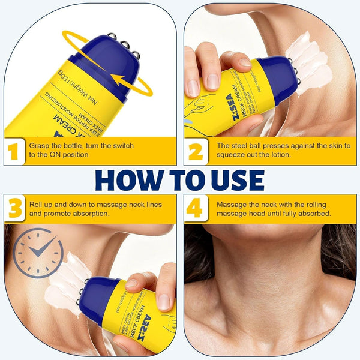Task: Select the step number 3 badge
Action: coord(14,209)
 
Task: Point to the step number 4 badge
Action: coord(196,209)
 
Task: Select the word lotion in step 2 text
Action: coord(273,155)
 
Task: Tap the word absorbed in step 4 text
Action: coord(314,213)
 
